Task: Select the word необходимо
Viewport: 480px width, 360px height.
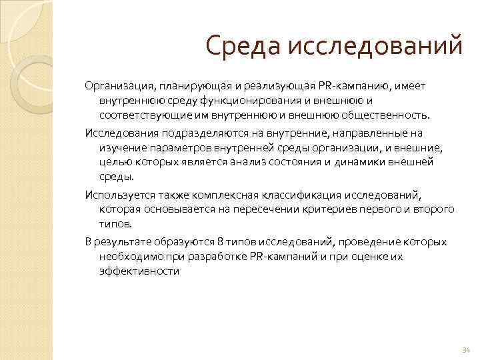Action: tap(129, 256)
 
